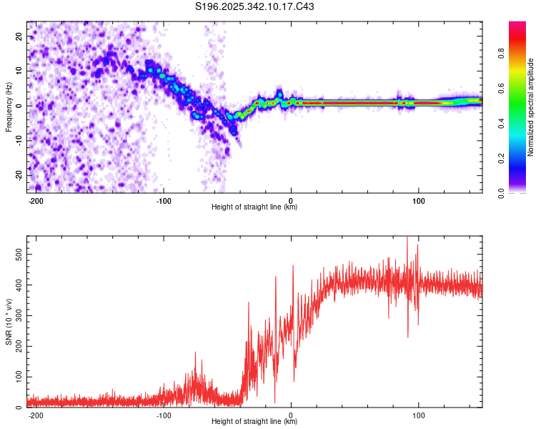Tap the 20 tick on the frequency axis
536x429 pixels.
tap(19, 36)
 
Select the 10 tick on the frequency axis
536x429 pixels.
tap(19, 71)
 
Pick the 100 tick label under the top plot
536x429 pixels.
tap(417, 200)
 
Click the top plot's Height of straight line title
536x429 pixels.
tap(254, 207)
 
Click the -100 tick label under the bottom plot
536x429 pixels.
tap(164, 415)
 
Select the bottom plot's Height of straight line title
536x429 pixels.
tap(254, 422)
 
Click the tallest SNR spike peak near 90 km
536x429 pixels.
tap(407, 238)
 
